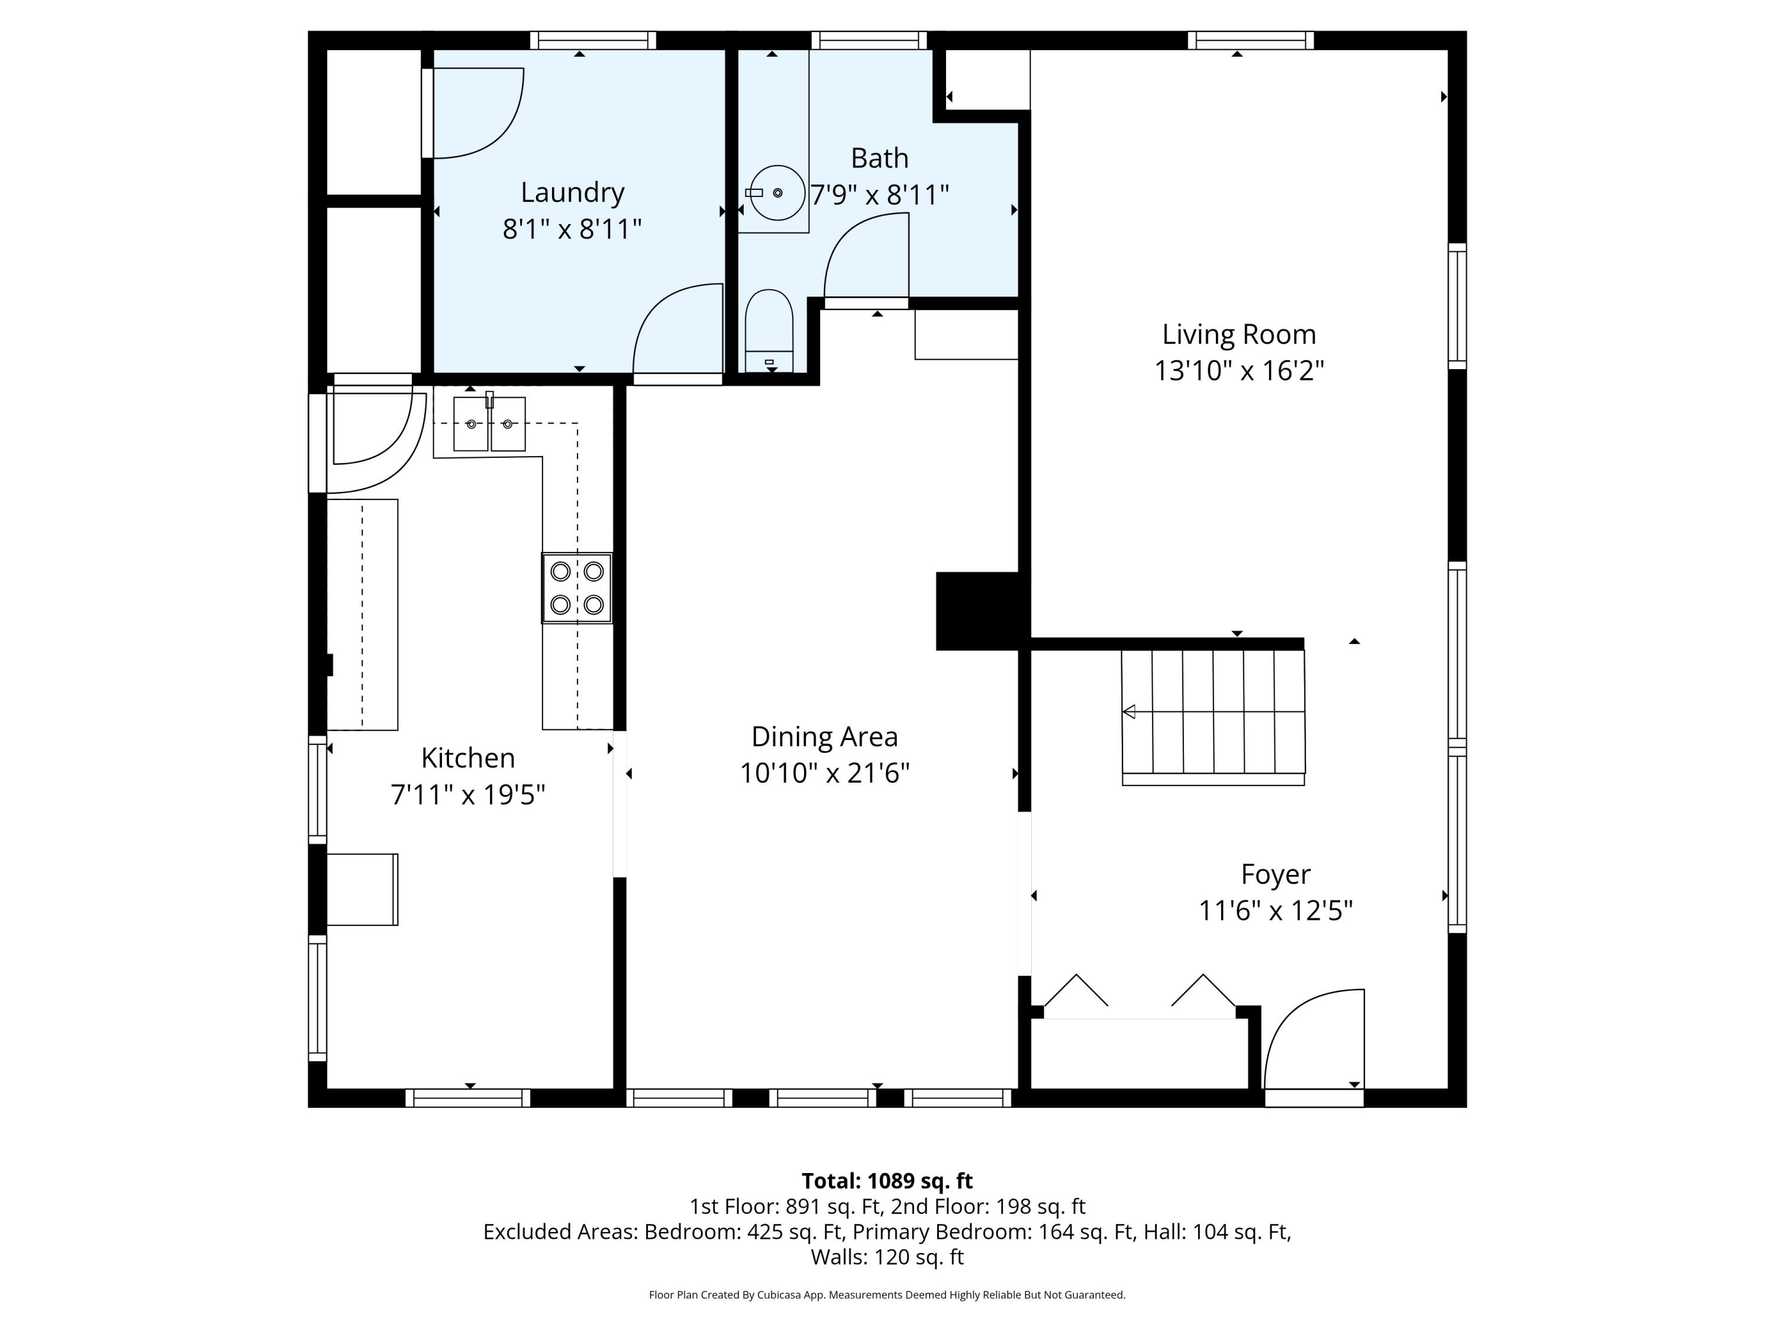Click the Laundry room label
(572, 192)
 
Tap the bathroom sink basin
(777, 192)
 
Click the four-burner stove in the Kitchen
(577, 588)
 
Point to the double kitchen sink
(489, 424)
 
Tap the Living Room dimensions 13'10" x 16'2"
(1238, 371)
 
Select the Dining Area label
(824, 736)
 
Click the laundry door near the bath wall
(678, 331)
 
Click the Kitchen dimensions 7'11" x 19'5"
(468, 795)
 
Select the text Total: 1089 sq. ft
(887, 1181)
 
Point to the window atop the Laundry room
(593, 40)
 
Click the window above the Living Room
(1250, 40)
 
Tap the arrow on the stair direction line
(1129, 712)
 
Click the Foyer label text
(1275, 874)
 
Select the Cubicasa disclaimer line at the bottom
(887, 1295)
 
